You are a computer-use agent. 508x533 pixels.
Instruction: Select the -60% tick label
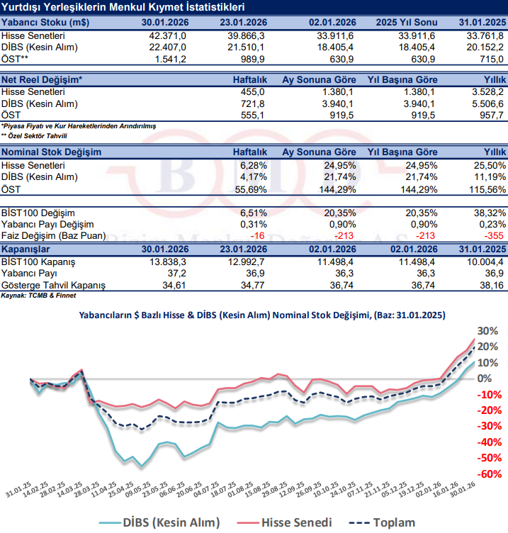tap(486, 473)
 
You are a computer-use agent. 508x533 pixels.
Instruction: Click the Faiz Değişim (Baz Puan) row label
tap(54, 235)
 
